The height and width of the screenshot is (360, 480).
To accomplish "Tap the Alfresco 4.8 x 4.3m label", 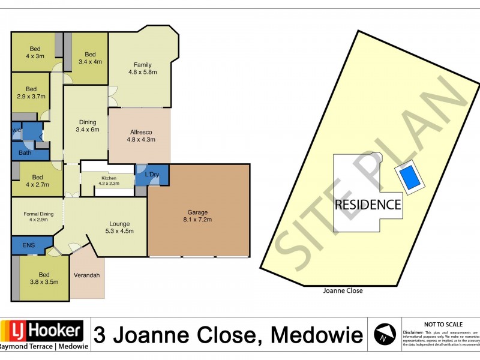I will pos(142,136).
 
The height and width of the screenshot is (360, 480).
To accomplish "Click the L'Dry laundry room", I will pos(152,175).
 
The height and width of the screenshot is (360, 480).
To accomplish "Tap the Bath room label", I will pos(25,153).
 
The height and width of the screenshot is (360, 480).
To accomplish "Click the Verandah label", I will pos(87,275).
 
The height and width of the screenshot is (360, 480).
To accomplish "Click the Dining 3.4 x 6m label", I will pos(87,125).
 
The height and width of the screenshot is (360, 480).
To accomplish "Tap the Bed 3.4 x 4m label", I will pos(90,57).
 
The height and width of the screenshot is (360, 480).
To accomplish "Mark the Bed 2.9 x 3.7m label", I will pos(31,92).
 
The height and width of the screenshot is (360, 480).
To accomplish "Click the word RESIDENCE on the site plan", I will pos(367,205).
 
